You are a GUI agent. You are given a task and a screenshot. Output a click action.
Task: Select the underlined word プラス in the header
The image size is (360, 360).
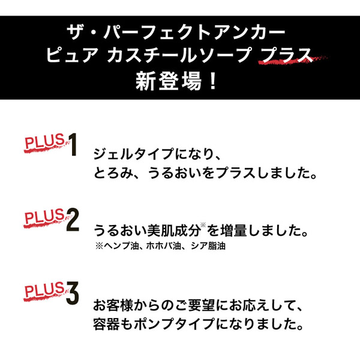(287, 55)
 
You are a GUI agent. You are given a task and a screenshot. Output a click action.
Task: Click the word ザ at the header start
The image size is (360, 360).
(77, 30)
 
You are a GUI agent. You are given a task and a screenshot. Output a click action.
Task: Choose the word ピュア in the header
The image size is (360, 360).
(73, 55)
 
